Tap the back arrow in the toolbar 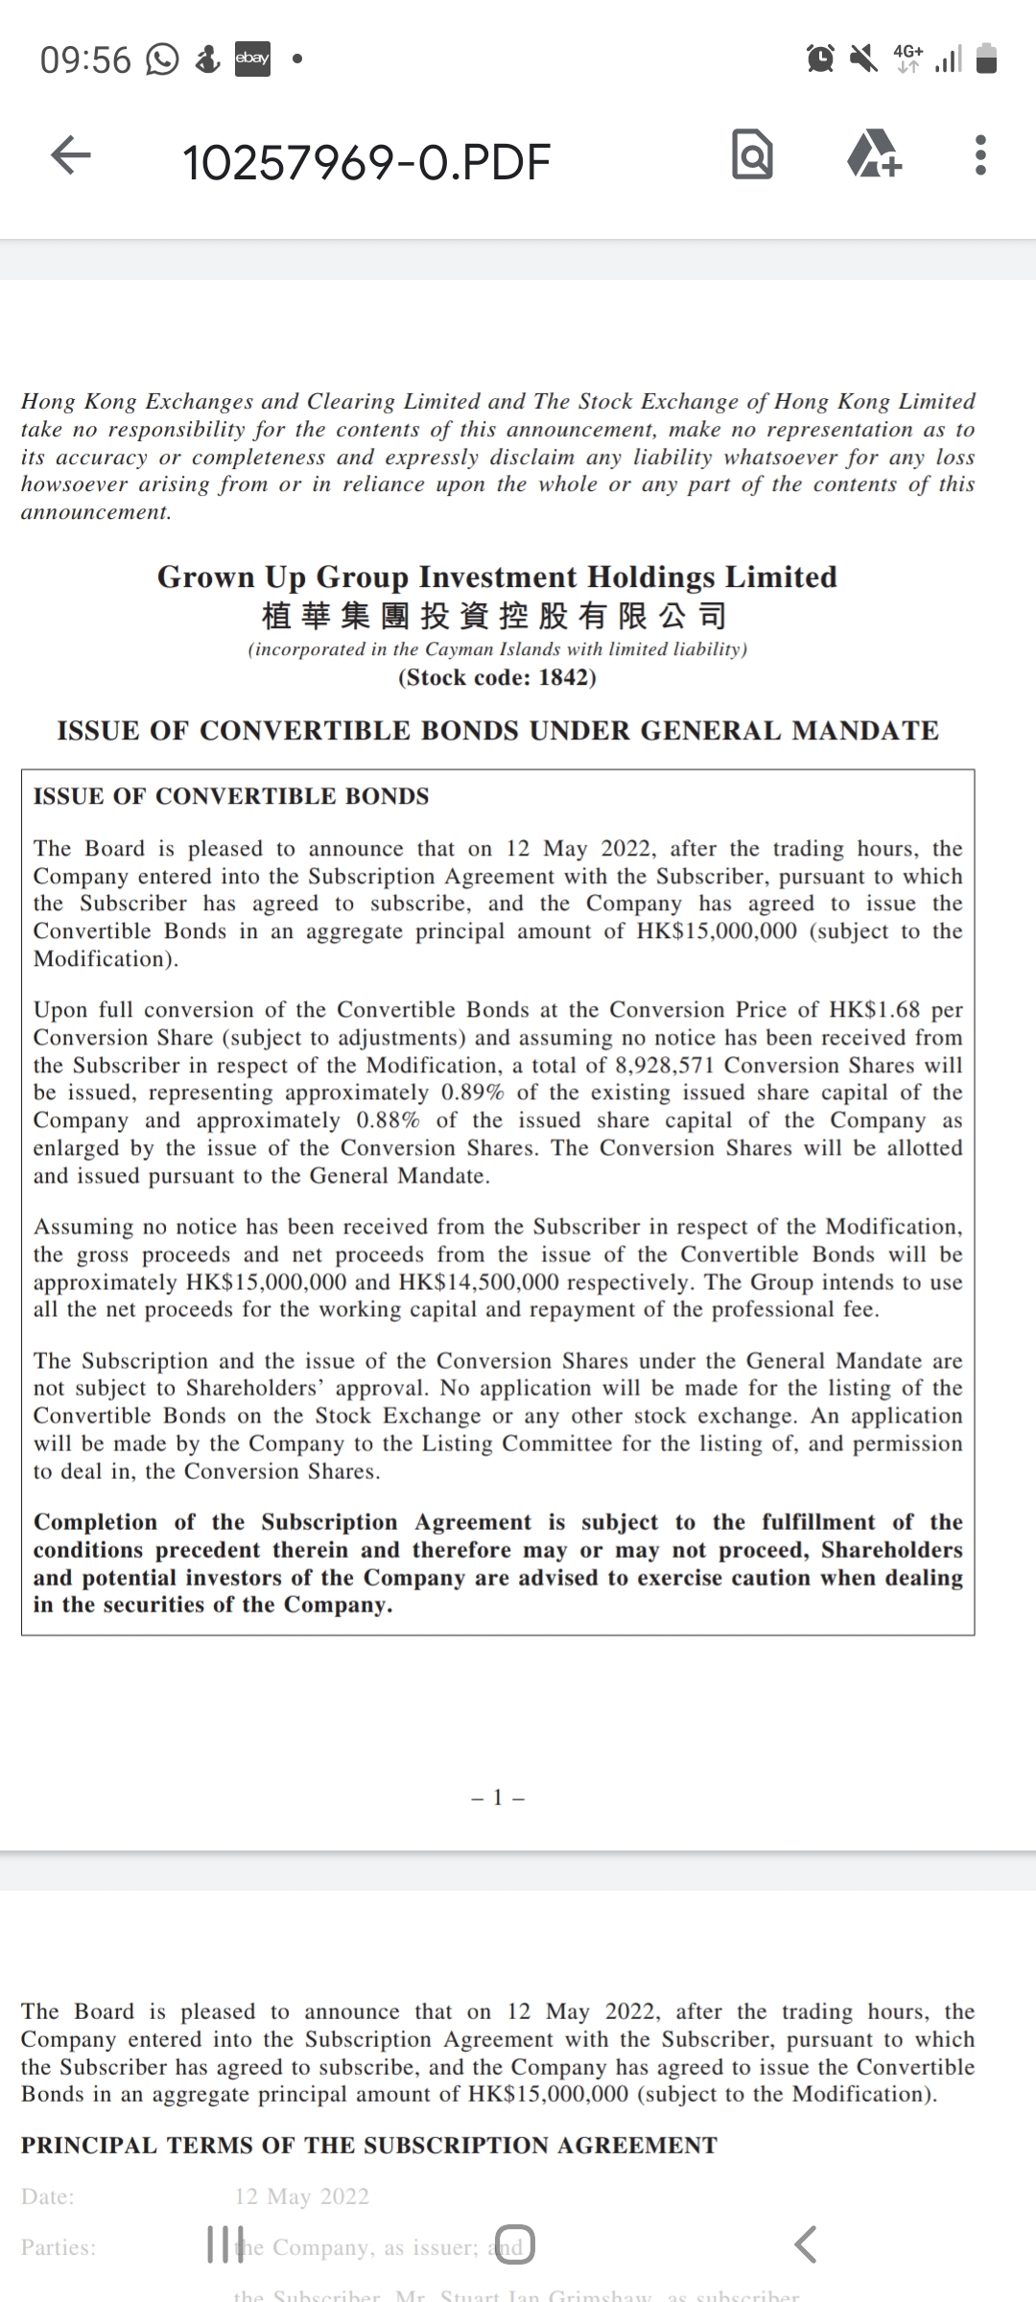tap(71, 155)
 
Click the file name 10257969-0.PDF tap(366, 161)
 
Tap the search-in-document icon tap(752, 155)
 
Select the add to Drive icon tap(873, 155)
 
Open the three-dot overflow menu tap(979, 155)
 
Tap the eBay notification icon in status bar tap(253, 59)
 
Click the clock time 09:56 tap(85, 60)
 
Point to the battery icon tap(986, 59)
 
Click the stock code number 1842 tap(566, 678)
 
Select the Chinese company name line tap(494, 615)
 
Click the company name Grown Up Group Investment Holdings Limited tap(497, 577)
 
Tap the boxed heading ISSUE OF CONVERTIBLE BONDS tap(231, 797)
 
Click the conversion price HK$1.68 tap(874, 1010)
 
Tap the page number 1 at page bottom tap(498, 1797)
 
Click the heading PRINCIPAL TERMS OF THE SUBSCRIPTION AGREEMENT tap(369, 2146)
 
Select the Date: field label tap(48, 2196)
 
